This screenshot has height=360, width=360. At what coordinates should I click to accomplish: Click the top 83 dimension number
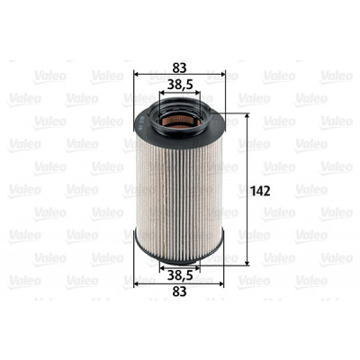[x=179, y=67]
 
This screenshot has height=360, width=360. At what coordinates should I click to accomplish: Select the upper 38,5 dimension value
[x=180, y=85]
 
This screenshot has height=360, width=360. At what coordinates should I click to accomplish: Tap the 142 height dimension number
[x=260, y=191]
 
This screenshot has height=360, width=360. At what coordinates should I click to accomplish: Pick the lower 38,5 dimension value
[x=180, y=275]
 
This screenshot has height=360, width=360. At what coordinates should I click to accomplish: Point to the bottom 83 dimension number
[x=179, y=292]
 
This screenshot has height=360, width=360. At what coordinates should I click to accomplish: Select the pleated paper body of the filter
[x=179, y=195]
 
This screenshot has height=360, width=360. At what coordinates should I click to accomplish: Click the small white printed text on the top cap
[x=140, y=123]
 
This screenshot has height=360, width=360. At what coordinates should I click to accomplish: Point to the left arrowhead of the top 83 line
[x=136, y=74]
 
